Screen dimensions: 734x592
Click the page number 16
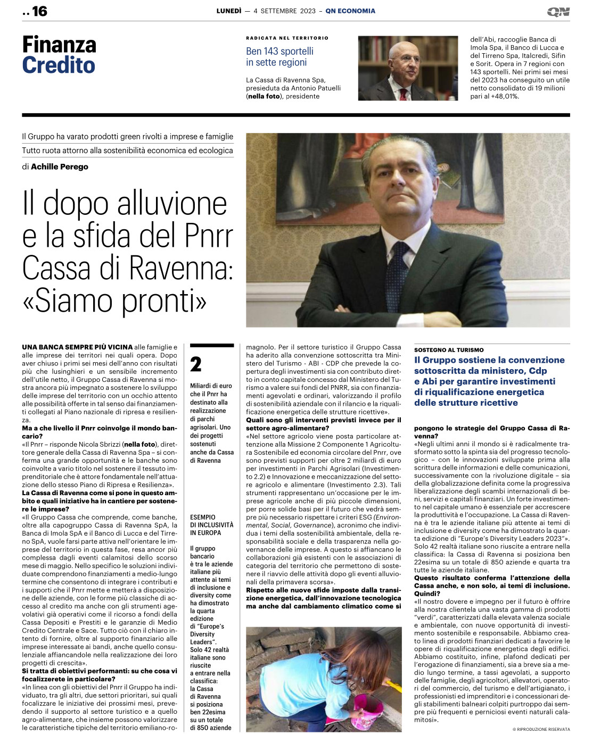[x=39, y=11]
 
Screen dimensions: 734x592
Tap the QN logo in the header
[x=558, y=12]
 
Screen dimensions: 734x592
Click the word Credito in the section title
[x=59, y=65]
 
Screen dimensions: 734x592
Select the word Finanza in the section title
[x=59, y=45]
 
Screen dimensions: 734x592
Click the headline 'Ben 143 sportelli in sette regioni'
[x=279, y=56]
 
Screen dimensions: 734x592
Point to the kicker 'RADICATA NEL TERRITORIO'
[x=287, y=38]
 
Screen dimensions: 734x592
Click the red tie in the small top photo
[x=404, y=94]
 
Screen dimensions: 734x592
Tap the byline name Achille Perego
[x=60, y=166]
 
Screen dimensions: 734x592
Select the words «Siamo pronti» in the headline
[x=114, y=301]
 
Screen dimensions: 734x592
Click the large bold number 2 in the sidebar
[x=196, y=365]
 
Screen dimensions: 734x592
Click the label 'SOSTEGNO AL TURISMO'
[x=449, y=350]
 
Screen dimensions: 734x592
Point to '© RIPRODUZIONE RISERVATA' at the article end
[x=541, y=729]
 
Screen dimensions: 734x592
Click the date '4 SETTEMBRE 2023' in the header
[x=284, y=11]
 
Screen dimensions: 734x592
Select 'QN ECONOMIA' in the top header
[x=350, y=11]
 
